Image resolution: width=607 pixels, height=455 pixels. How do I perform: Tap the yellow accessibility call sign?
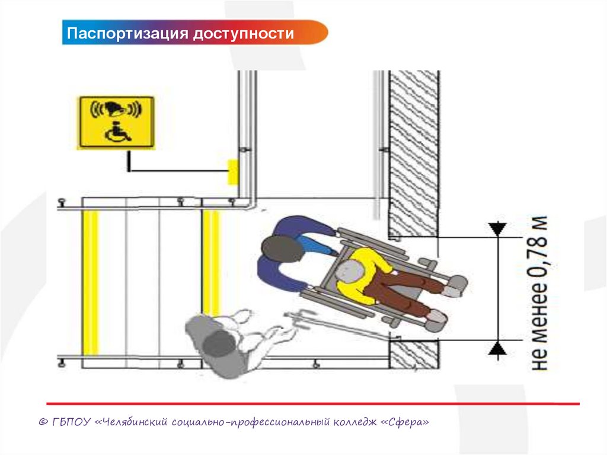click(x=116, y=122)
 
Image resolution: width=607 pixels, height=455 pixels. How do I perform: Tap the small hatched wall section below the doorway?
click(x=414, y=354)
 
